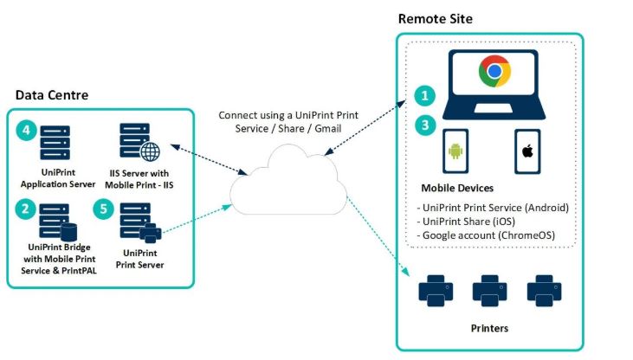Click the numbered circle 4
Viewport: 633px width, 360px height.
coord(27,132)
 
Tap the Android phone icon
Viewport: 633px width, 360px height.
coord(455,154)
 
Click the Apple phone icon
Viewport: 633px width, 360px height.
coord(526,154)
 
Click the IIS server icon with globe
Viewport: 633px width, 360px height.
coord(139,142)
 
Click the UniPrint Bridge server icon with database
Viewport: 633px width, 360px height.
coord(56,222)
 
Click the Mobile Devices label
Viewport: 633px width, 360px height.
coord(460,188)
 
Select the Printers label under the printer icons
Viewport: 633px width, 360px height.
coord(488,328)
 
